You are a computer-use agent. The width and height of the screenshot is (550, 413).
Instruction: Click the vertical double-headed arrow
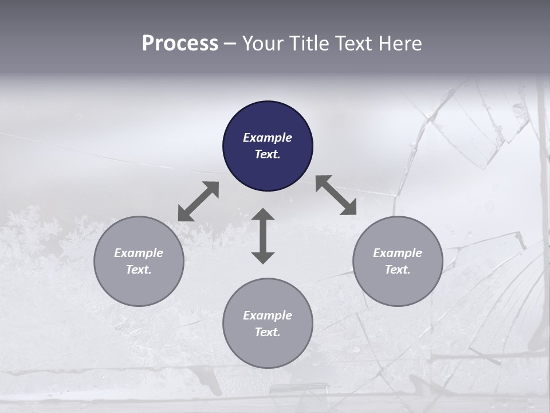click(x=263, y=236)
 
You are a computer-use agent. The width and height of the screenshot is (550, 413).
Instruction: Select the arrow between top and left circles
click(x=198, y=201)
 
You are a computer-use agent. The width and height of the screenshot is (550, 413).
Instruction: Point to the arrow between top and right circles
click(x=336, y=195)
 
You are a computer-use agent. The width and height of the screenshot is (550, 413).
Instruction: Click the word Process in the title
click(x=180, y=44)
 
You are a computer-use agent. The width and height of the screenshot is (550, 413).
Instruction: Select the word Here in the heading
click(x=399, y=44)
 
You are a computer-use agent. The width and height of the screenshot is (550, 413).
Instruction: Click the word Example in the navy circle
click(x=268, y=138)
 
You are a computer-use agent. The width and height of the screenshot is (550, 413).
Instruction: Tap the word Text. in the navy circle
click(x=268, y=154)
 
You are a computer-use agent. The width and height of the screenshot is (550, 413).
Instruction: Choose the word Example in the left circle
click(x=139, y=253)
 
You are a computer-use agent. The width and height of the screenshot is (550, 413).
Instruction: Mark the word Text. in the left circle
click(x=139, y=270)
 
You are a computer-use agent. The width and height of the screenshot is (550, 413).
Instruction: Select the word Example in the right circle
click(x=398, y=253)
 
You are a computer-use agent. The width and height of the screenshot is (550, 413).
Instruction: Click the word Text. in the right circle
click(x=398, y=270)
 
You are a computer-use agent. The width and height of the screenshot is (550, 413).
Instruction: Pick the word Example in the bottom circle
click(x=268, y=315)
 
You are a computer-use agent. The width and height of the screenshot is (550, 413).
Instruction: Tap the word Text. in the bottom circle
click(x=268, y=332)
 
